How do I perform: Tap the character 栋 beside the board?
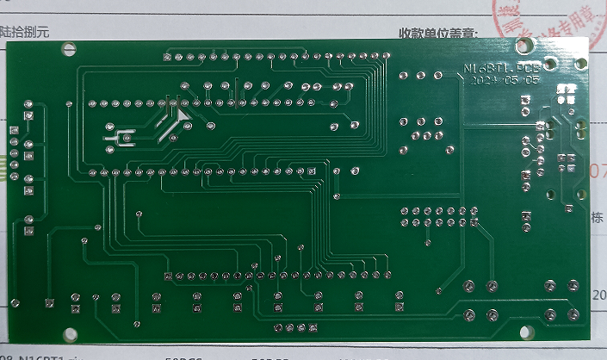point(598,218)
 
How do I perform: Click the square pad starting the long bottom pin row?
point(169,276)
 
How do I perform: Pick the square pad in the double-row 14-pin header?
point(405,210)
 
